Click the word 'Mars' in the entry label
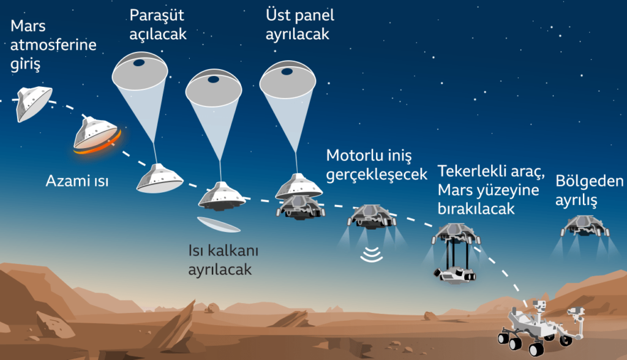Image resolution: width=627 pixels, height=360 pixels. pos(28,26)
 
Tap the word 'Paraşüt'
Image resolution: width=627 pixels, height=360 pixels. pos(157,15)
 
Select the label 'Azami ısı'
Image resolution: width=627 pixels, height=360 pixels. pos(77,181)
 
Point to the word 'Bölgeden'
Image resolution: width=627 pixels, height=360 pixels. pos(590,181)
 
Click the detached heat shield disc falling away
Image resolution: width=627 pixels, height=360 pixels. pos(219,225)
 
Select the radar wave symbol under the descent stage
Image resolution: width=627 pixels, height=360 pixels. pos(371,255)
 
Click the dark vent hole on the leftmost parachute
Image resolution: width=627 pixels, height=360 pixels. pos(139,63)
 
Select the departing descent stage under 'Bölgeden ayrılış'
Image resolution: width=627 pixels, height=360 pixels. pos(584,227)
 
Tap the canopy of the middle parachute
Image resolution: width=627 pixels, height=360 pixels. pos(214,88)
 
